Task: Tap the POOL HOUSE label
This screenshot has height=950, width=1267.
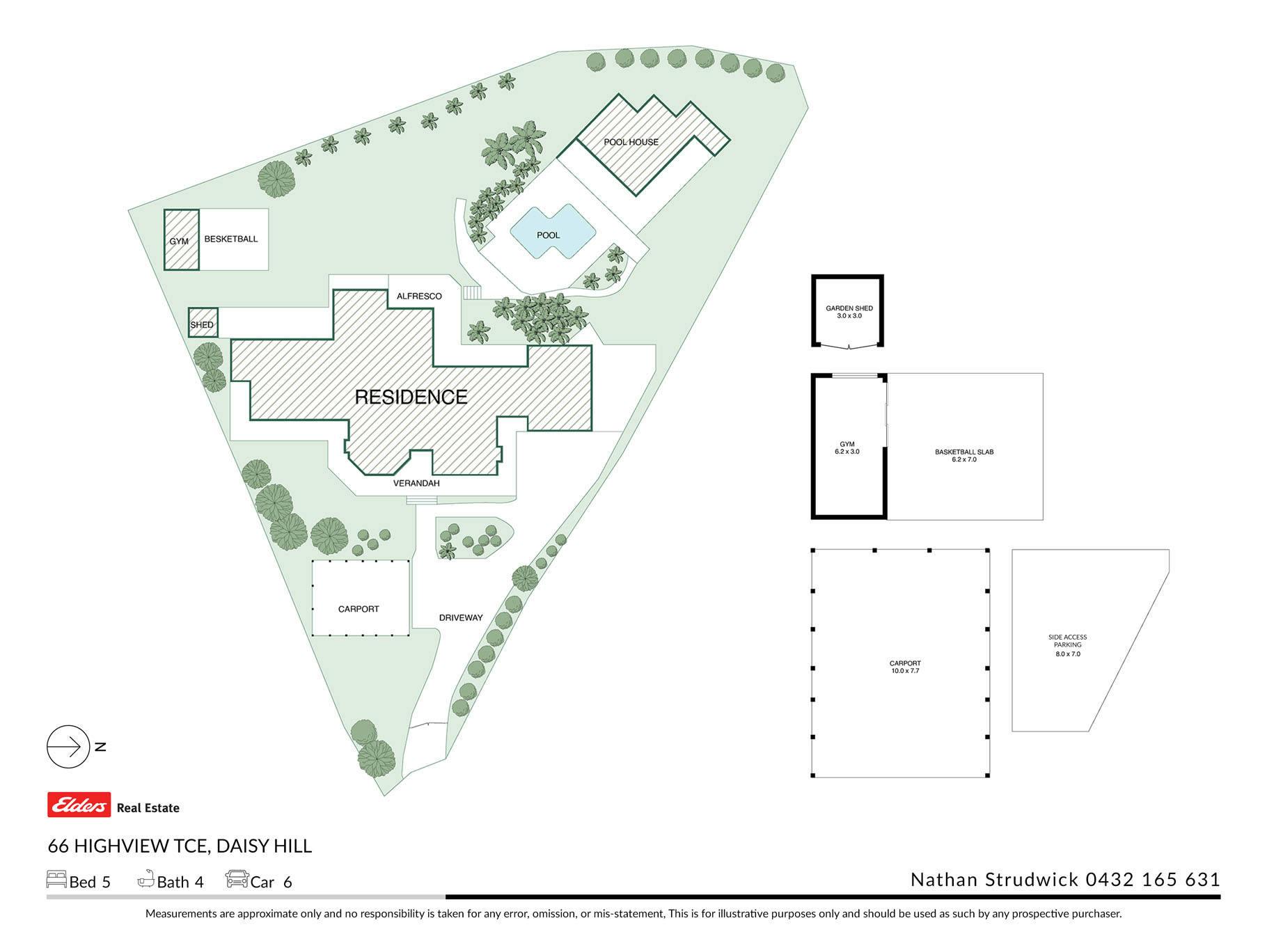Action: [631, 142]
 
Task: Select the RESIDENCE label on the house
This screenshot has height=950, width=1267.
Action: [411, 397]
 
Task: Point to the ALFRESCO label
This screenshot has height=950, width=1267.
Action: [419, 296]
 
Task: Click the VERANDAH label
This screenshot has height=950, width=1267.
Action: [416, 483]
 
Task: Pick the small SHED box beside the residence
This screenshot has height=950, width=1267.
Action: [203, 323]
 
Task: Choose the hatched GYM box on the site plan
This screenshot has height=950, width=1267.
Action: [181, 239]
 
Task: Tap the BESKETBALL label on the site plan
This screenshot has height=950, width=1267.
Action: [231, 239]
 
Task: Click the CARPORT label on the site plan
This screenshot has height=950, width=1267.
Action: [359, 609]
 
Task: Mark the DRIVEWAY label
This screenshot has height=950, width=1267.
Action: [461, 617]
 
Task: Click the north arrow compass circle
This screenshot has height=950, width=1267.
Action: [68, 747]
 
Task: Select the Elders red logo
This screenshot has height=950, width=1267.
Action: [79, 805]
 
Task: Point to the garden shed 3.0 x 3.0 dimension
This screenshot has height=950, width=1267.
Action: [849, 316]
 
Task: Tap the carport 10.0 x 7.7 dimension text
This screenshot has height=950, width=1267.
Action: [905, 671]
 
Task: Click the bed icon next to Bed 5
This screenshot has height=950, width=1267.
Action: [56, 879]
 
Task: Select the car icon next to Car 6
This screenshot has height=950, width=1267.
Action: [237, 879]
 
